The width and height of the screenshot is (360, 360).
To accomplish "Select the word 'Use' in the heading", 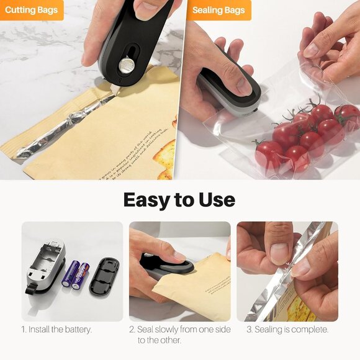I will (x=217, y=200).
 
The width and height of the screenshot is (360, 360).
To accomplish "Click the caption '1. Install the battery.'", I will (x=56, y=330).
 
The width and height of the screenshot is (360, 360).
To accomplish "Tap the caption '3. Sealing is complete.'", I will (x=287, y=330).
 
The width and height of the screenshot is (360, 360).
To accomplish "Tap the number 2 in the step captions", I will (x=132, y=330).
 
